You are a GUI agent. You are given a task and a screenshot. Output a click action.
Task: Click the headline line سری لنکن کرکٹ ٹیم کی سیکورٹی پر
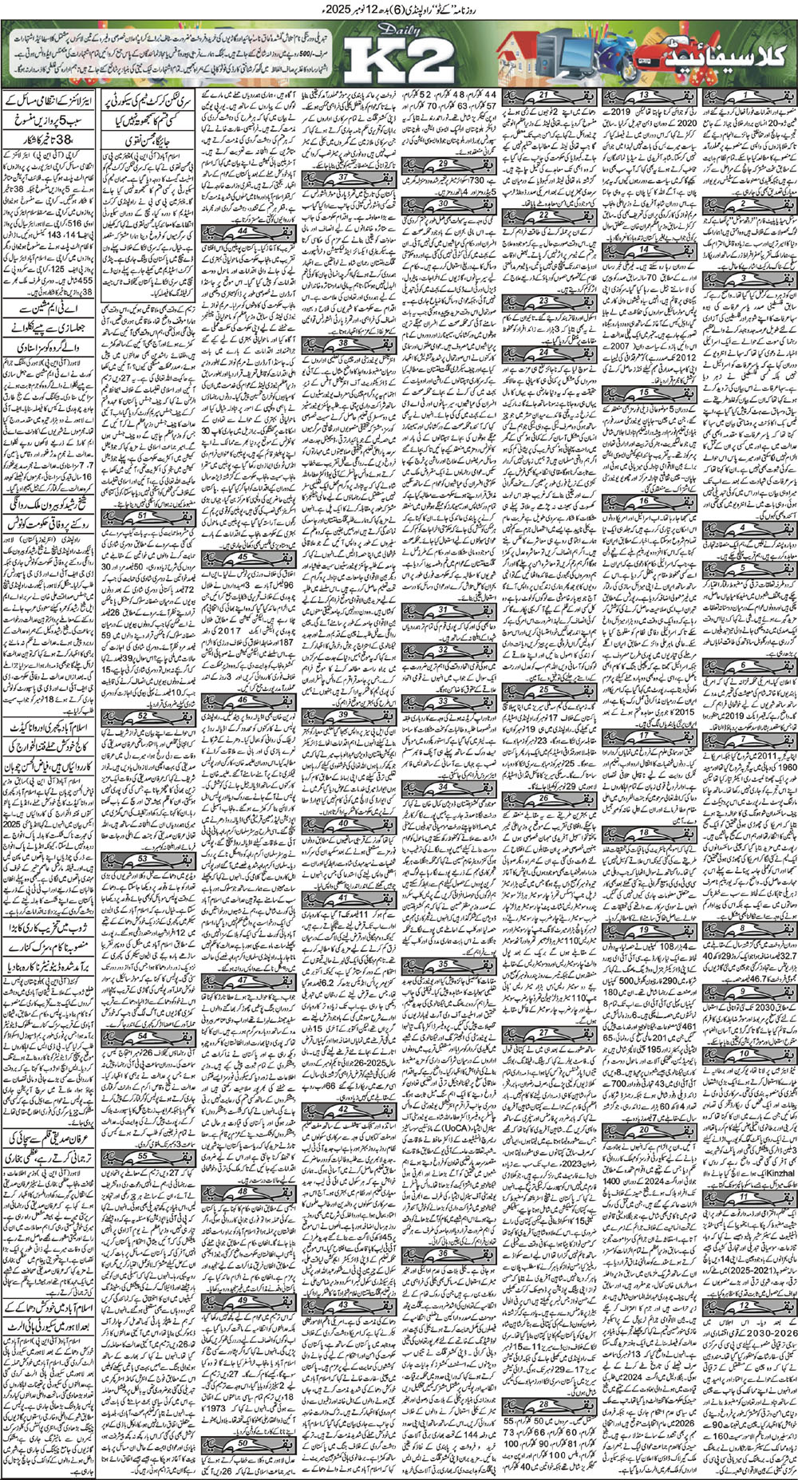[152, 102]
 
